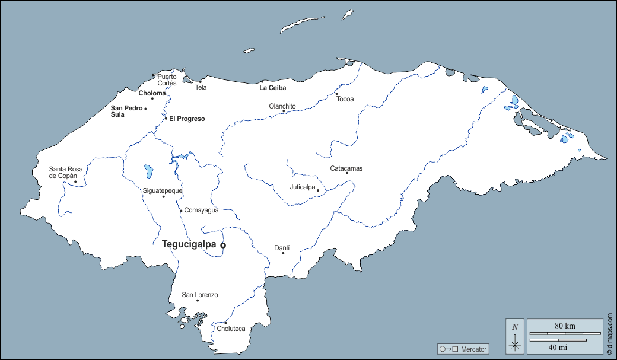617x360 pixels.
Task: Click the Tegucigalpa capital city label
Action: point(189,244)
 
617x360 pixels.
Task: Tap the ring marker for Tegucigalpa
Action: point(223,245)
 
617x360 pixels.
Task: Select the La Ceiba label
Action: point(273,88)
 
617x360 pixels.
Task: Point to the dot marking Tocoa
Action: point(336,94)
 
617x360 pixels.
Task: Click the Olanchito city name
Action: point(282,106)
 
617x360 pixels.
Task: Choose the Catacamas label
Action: point(346,168)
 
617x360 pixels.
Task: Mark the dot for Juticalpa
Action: point(318,190)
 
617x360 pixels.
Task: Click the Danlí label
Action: point(282,247)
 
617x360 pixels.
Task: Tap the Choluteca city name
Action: point(231,329)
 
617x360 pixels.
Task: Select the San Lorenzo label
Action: point(200,295)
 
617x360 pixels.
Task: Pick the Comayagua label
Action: point(202,210)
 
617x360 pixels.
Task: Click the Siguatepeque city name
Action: point(163,190)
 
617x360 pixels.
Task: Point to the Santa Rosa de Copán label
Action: point(66,173)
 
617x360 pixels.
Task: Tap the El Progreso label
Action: point(187,119)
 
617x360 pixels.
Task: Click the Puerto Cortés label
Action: point(167,79)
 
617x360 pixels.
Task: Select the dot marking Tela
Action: point(200,82)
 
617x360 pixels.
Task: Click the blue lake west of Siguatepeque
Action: point(148,172)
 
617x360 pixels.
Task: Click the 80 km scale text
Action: point(565,326)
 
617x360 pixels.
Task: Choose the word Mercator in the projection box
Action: point(473,349)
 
